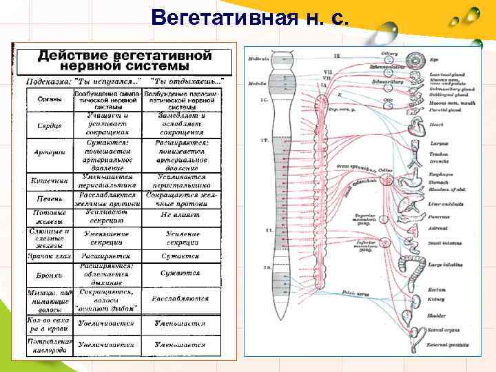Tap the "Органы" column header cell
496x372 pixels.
(46, 100)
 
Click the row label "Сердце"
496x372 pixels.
(47, 127)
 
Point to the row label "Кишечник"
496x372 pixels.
(46, 181)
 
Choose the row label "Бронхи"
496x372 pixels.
(47, 274)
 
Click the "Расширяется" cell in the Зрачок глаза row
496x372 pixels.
(106, 256)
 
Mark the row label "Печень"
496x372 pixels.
(47, 199)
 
